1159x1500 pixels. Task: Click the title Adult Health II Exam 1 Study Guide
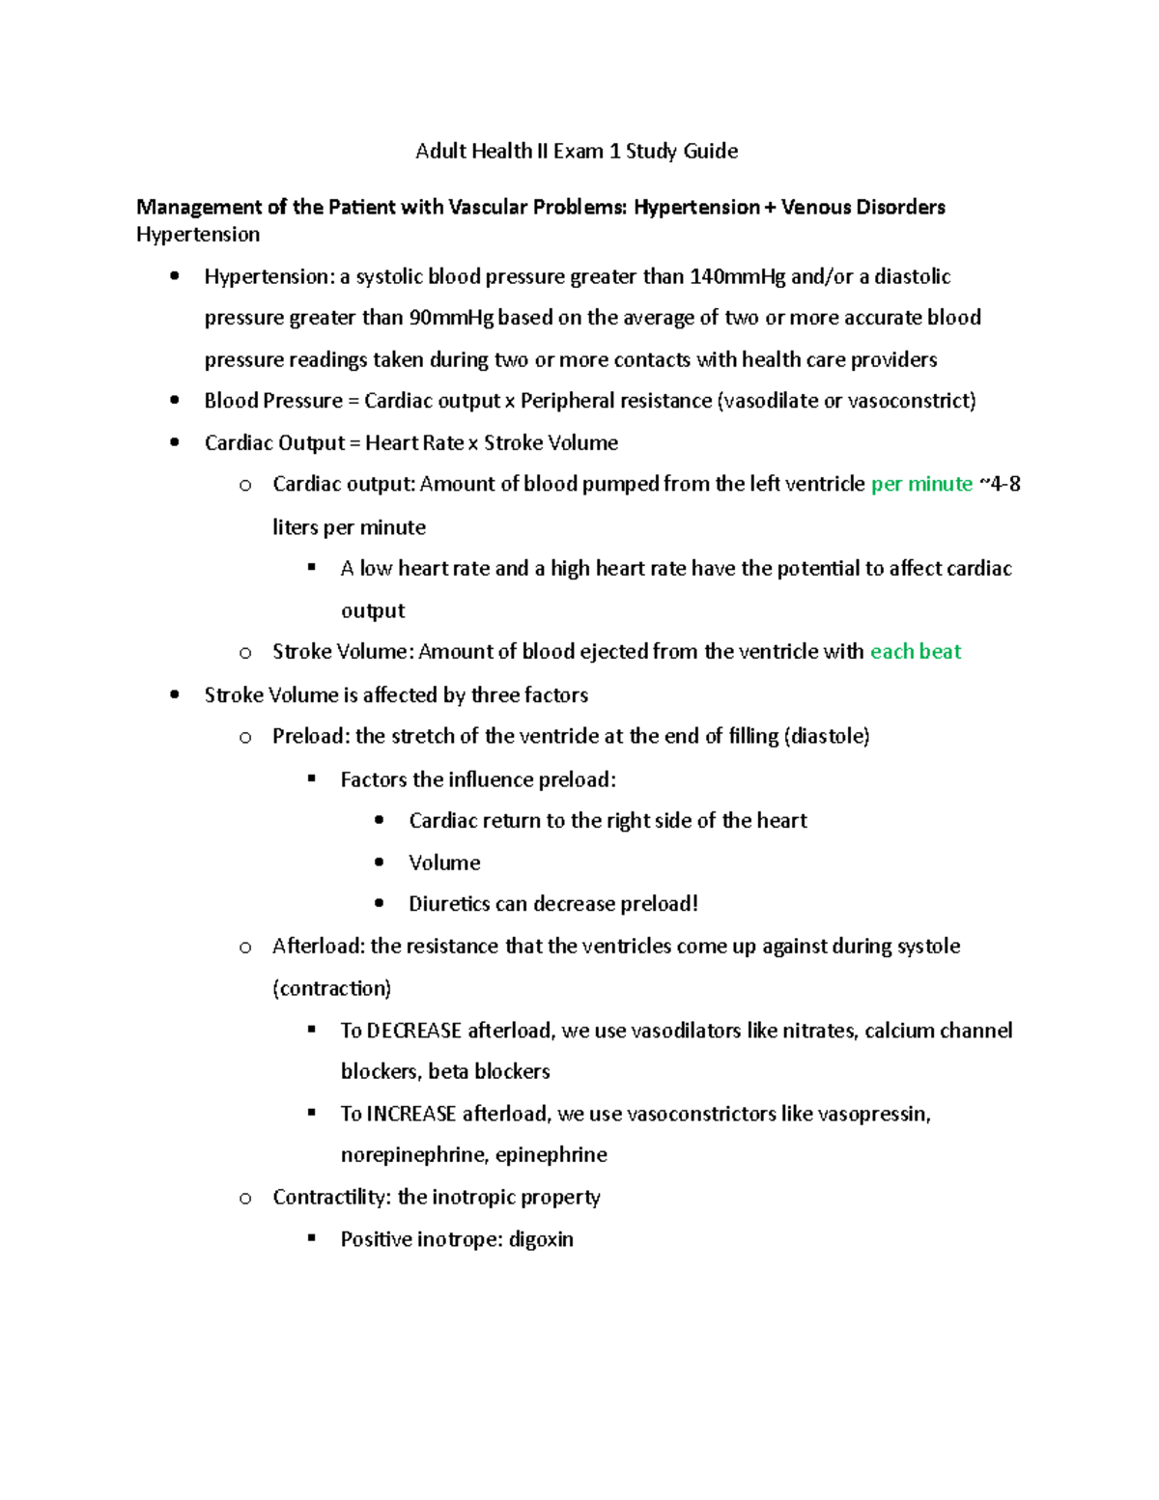coord(577,151)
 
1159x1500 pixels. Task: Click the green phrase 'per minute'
coord(921,484)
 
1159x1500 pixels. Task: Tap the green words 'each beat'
coord(915,652)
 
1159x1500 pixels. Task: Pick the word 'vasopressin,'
coord(874,1114)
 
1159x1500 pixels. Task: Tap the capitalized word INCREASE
coord(411,1114)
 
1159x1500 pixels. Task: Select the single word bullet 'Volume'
coord(444,863)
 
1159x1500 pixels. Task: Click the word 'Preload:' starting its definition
coord(311,736)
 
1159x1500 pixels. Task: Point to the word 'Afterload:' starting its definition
coord(319,946)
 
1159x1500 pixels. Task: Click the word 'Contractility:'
coord(331,1197)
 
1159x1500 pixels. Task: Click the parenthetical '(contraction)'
coord(332,988)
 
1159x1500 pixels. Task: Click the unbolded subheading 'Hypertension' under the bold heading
coord(198,235)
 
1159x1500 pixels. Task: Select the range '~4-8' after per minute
coord(1001,484)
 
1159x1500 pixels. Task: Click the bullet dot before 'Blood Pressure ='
coord(175,400)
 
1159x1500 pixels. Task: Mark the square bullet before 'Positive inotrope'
coord(312,1237)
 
